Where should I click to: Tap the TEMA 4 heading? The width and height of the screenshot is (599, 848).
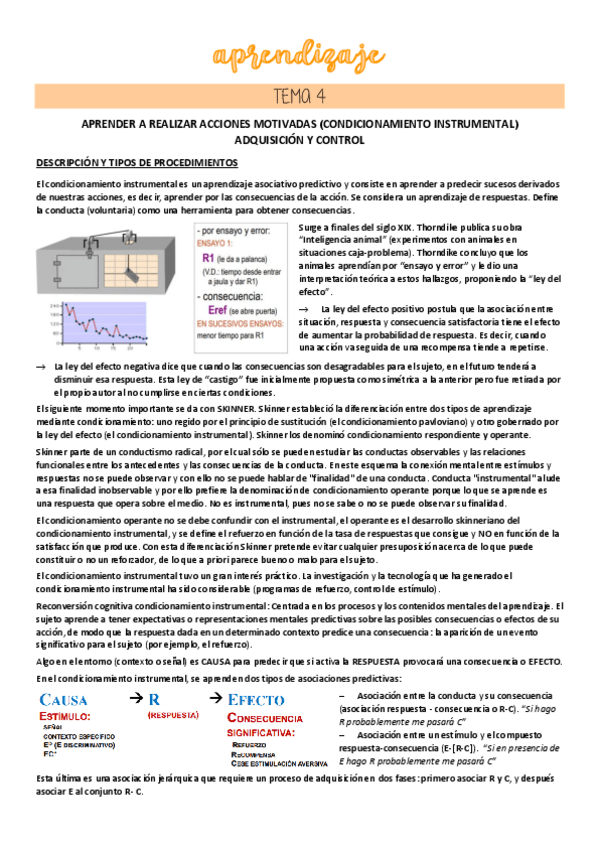299,96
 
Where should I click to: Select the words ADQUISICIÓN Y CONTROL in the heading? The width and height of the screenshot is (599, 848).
299,140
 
